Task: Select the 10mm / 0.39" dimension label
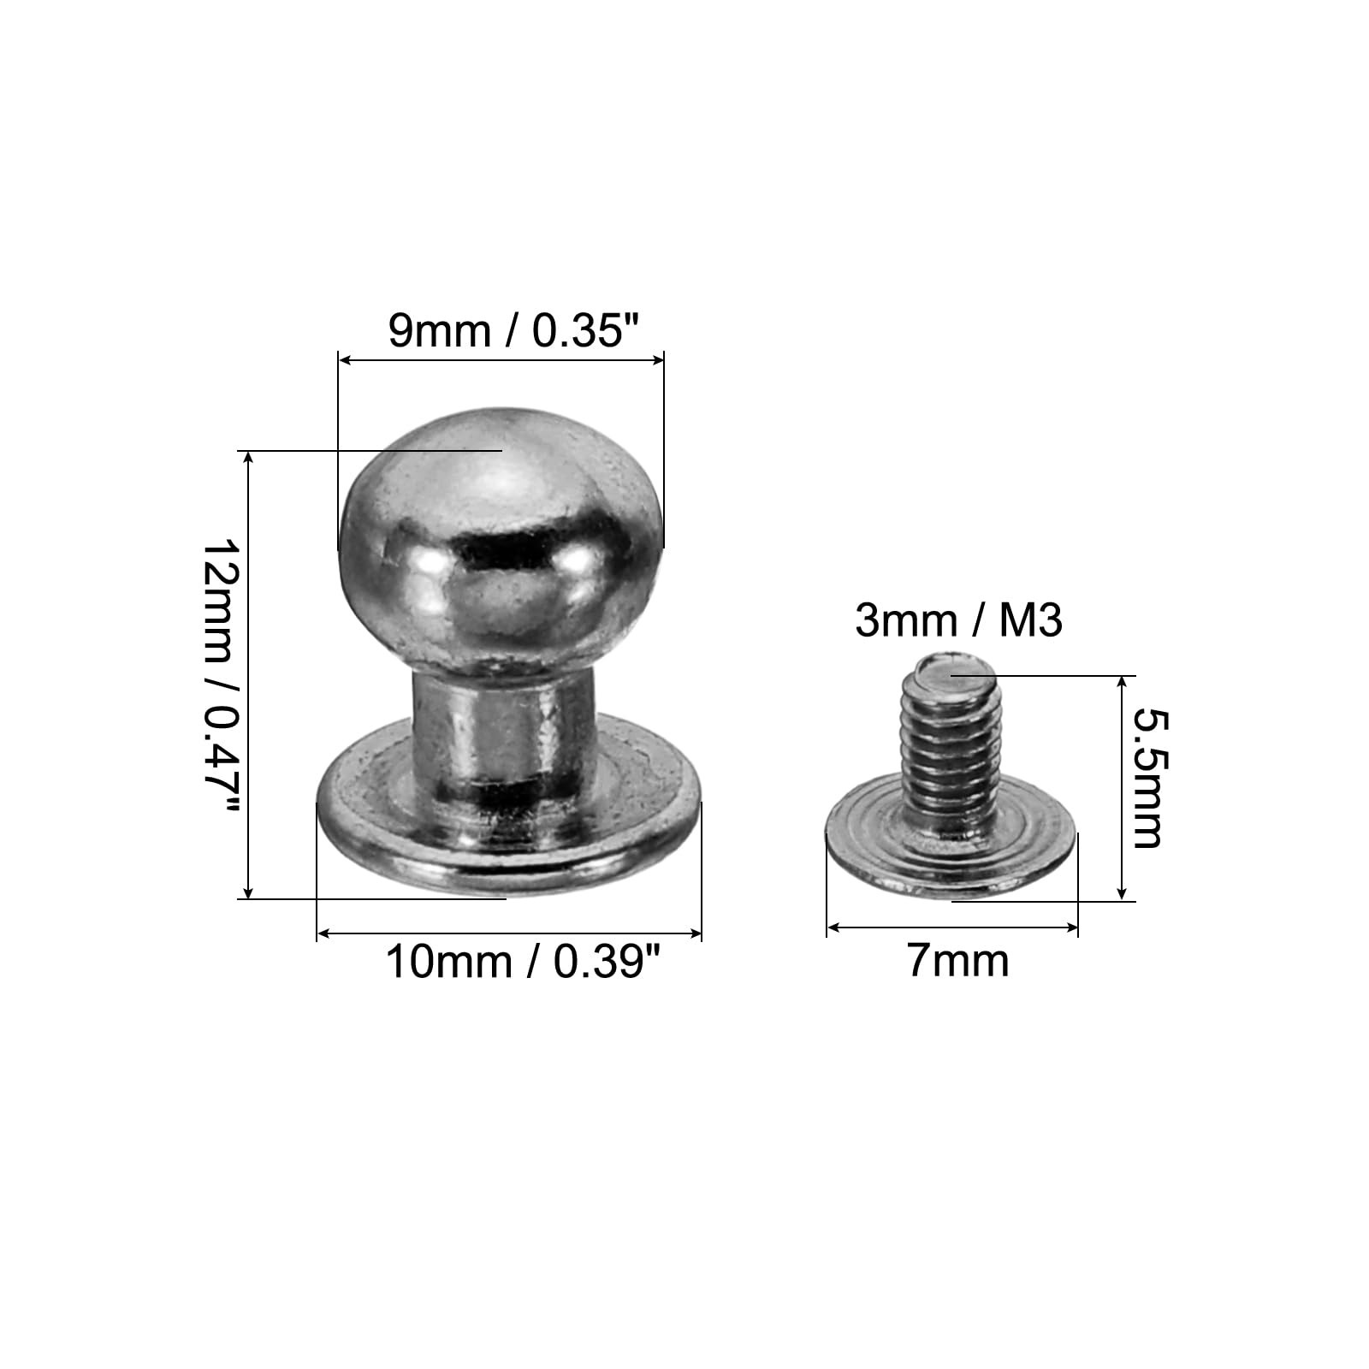coord(524,962)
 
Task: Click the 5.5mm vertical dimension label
coord(1147,779)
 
